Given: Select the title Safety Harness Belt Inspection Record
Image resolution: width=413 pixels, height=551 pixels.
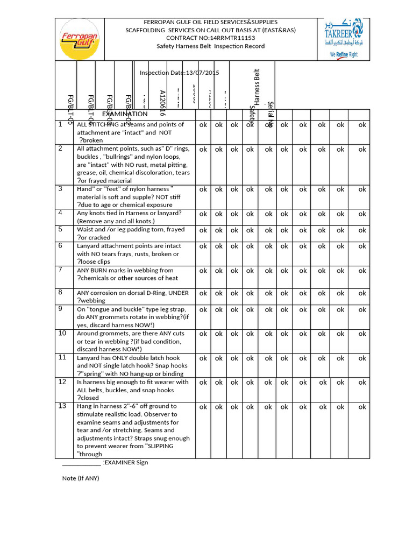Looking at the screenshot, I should (211, 46).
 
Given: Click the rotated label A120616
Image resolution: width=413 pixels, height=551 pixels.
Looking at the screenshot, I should (162, 103).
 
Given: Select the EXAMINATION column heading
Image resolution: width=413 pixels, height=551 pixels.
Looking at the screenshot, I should (125, 114).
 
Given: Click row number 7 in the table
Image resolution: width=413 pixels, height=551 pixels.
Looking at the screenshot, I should (61, 270).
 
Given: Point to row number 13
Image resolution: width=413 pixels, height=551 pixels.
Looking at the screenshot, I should (62, 406).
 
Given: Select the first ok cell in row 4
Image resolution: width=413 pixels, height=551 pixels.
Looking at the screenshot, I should (203, 214).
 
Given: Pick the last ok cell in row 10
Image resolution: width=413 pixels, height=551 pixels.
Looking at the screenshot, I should (362, 334).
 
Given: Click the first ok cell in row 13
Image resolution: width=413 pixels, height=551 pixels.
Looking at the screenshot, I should (203, 407).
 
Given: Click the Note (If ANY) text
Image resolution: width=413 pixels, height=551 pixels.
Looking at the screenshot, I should (81, 478).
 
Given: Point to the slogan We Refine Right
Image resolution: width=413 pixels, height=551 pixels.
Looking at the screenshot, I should (344, 55).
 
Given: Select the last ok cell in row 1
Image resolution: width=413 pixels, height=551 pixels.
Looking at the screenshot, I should (362, 125).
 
